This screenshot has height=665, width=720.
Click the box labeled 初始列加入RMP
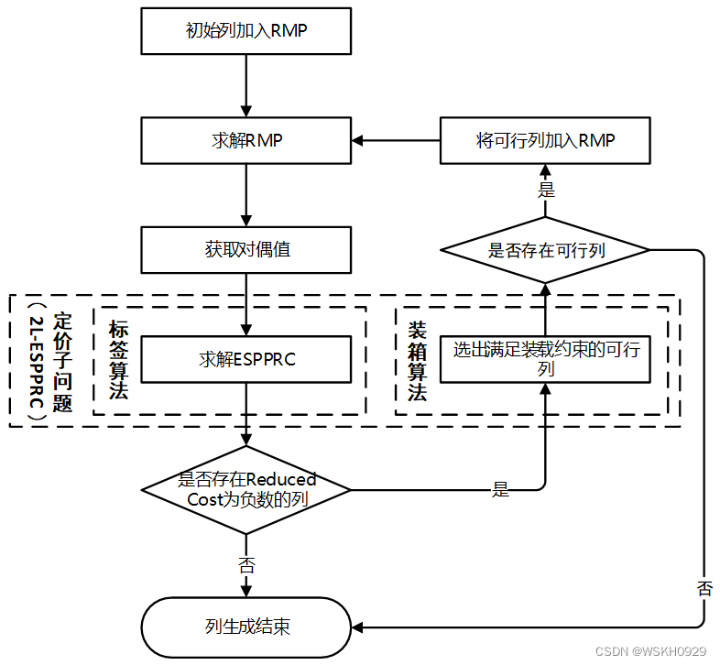245,31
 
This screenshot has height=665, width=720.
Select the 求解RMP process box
245,140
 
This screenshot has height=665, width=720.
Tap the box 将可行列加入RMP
545,140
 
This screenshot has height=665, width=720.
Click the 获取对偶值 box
245,249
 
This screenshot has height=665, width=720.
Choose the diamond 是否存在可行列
545,249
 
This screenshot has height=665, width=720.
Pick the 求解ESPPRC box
245,359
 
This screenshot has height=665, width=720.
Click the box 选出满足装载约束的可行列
545,359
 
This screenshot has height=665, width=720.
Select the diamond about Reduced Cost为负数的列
245,489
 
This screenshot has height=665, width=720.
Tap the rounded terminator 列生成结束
245,627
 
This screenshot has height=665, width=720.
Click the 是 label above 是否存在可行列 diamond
546,191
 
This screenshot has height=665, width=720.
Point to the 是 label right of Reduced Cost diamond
500,489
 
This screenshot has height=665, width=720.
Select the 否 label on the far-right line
704,588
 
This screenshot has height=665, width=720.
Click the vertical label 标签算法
118,359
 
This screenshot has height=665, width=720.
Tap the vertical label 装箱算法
418,359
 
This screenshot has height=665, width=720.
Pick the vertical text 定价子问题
62,361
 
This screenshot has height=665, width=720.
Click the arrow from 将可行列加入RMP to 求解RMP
396,140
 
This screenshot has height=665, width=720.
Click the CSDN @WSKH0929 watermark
650,651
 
